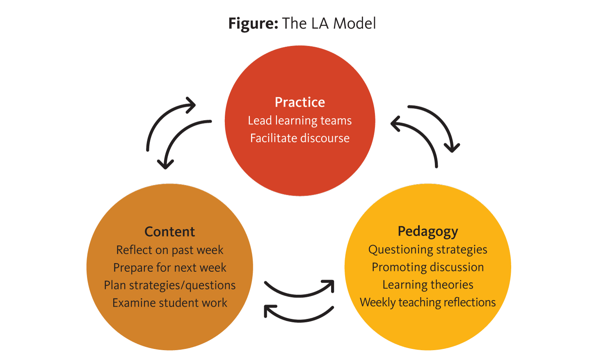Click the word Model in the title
coord(354,23)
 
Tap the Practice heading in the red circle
coord(300,102)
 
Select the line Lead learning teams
coord(300,121)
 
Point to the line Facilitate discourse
coord(300,138)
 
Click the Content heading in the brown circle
coord(169,232)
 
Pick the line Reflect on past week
coord(169,250)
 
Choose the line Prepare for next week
coord(169,267)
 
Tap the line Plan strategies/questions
coord(169,285)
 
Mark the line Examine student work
coord(169,303)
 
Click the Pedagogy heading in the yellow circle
coord(428,232)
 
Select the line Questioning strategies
coord(428,249)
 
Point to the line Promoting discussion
coord(428,267)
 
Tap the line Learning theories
coord(428,285)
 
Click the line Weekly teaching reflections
coord(428,302)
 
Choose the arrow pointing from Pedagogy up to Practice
coord(423,137)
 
